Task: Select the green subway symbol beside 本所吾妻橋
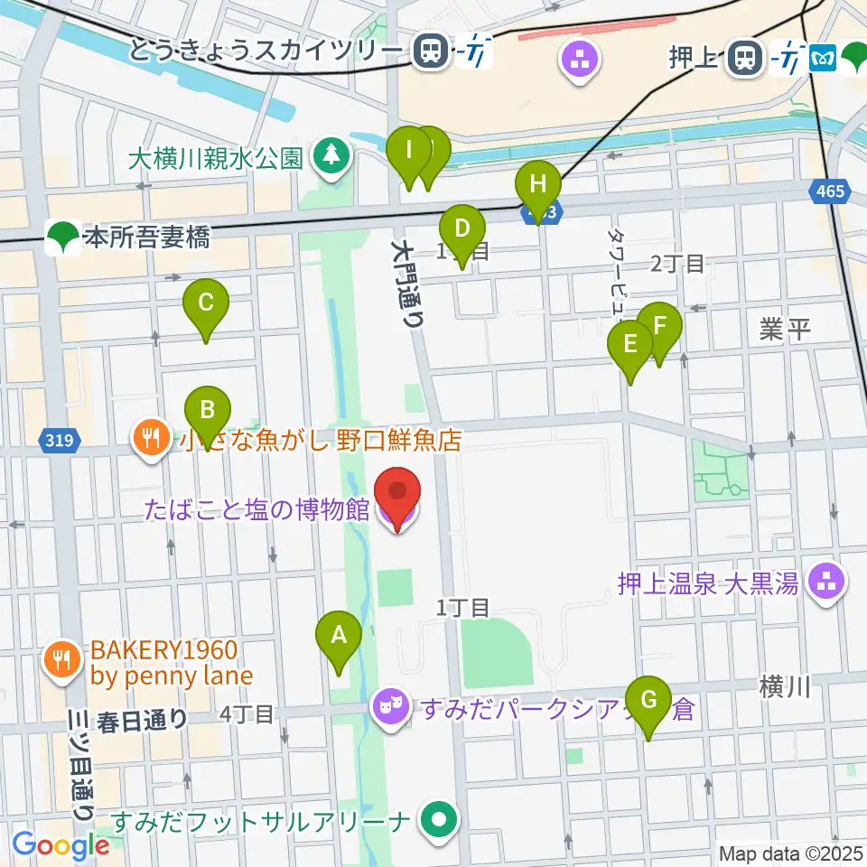(x=61, y=238)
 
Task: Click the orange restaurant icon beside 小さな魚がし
(x=147, y=439)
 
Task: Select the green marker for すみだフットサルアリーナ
(x=440, y=822)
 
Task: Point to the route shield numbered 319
(x=61, y=441)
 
